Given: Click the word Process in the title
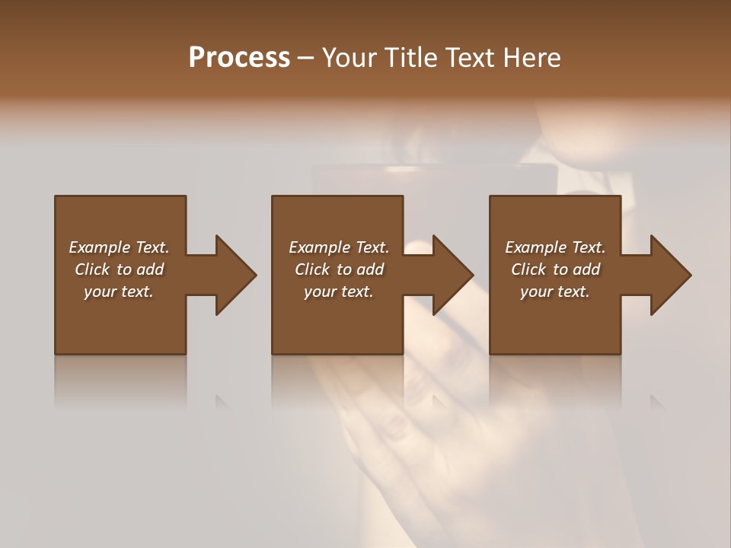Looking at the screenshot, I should click(x=239, y=58).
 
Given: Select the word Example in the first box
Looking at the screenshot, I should click(x=99, y=247).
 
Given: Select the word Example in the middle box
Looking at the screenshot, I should click(x=319, y=247).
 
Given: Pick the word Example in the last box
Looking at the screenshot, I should click(x=535, y=247).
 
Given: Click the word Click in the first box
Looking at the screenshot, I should click(x=92, y=269).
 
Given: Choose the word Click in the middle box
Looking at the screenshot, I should click(x=312, y=269).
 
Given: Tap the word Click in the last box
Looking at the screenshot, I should click(x=528, y=269).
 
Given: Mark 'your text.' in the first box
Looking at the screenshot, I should click(x=119, y=292).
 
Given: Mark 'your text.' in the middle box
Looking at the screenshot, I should click(x=338, y=292).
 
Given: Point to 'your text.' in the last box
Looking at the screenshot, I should click(x=555, y=292).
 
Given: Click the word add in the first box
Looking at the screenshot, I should click(x=150, y=269).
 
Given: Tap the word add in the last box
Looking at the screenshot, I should click(x=586, y=269).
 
